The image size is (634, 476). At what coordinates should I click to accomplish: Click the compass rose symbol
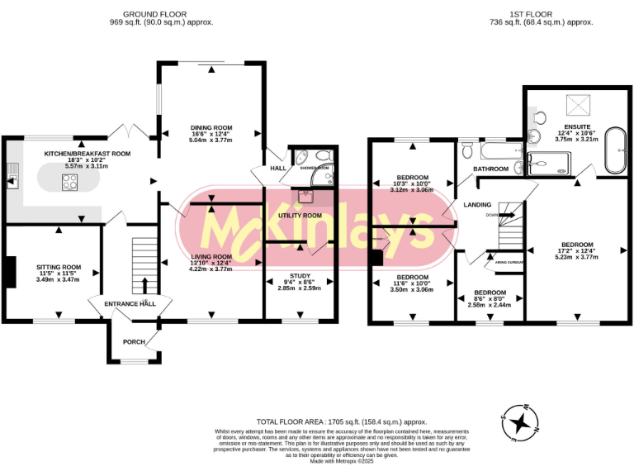521,424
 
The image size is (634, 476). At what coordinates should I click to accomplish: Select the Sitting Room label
59,267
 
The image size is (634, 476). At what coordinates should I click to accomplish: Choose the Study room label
299,275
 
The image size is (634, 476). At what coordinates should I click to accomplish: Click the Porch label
134,341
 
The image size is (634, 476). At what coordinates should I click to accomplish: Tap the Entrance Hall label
130,304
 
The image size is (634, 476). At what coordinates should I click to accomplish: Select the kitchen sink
13,174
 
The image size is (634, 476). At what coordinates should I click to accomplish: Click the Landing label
477,204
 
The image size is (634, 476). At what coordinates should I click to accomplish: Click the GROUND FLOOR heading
154,15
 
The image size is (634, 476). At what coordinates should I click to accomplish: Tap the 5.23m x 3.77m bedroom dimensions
576,257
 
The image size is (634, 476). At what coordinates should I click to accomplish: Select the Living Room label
211,257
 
